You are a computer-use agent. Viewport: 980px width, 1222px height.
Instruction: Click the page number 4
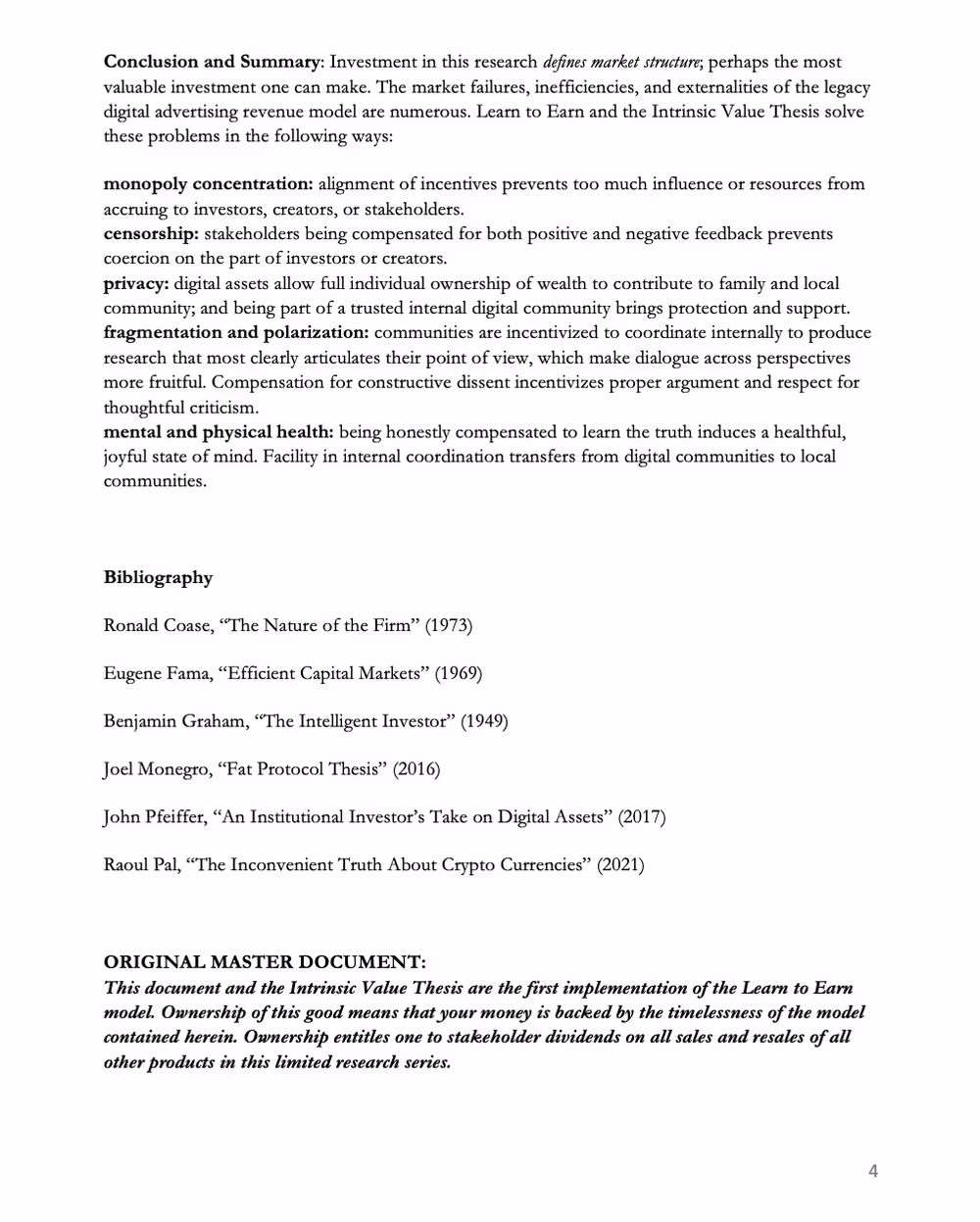pos(873,1171)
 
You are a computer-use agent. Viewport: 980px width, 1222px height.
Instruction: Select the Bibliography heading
pos(158,577)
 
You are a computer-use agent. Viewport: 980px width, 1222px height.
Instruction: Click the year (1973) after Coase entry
pos(449,625)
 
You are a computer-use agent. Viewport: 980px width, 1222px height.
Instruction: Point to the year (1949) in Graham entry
pos(484,721)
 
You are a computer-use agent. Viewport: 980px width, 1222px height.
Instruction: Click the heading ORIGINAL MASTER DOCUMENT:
pos(265,962)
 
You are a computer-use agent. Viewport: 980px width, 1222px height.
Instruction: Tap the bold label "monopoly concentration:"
pos(208,184)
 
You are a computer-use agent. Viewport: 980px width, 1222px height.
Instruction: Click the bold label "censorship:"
pos(151,234)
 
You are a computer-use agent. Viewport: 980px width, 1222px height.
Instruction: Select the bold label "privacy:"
pos(136,284)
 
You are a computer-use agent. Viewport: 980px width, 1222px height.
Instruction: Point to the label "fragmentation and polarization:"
pos(236,333)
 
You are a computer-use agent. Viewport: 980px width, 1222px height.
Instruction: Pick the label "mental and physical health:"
pos(219,432)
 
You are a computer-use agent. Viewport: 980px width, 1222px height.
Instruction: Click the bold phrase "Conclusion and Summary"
pos(212,62)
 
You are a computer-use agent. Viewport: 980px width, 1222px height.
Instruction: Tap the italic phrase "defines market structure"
pos(621,62)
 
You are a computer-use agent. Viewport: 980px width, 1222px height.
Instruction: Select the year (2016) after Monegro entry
pos(416,769)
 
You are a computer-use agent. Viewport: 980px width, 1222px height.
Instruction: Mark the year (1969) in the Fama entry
pos(459,673)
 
